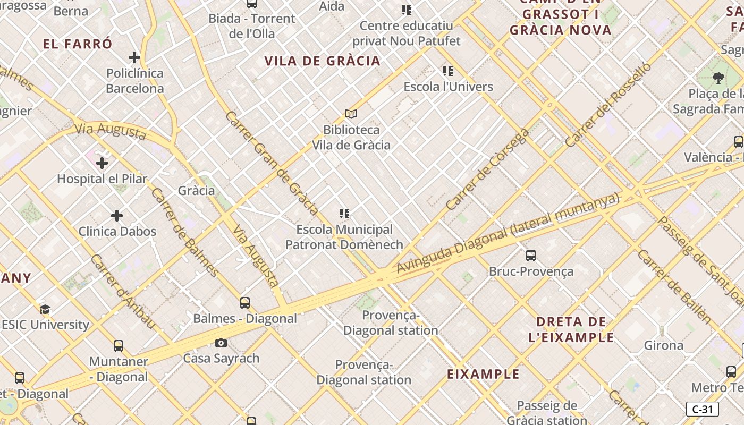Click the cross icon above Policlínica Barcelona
[134, 57]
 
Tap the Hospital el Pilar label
[102, 179]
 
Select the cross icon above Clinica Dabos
[117, 216]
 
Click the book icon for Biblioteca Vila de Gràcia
[351, 114]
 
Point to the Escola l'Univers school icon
[448, 71]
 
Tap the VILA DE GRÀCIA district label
[323, 61]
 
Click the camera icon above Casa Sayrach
[221, 343]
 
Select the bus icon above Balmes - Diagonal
[245, 303]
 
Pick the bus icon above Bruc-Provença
[530, 256]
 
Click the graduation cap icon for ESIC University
[45, 309]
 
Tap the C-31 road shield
[702, 409]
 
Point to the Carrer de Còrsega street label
[487, 169]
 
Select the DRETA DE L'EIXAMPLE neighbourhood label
[572, 329]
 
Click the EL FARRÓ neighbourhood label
[78, 44]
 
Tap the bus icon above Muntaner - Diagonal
[119, 346]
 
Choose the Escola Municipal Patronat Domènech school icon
[344, 214]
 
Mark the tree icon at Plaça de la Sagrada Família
[718, 78]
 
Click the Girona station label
[664, 345]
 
